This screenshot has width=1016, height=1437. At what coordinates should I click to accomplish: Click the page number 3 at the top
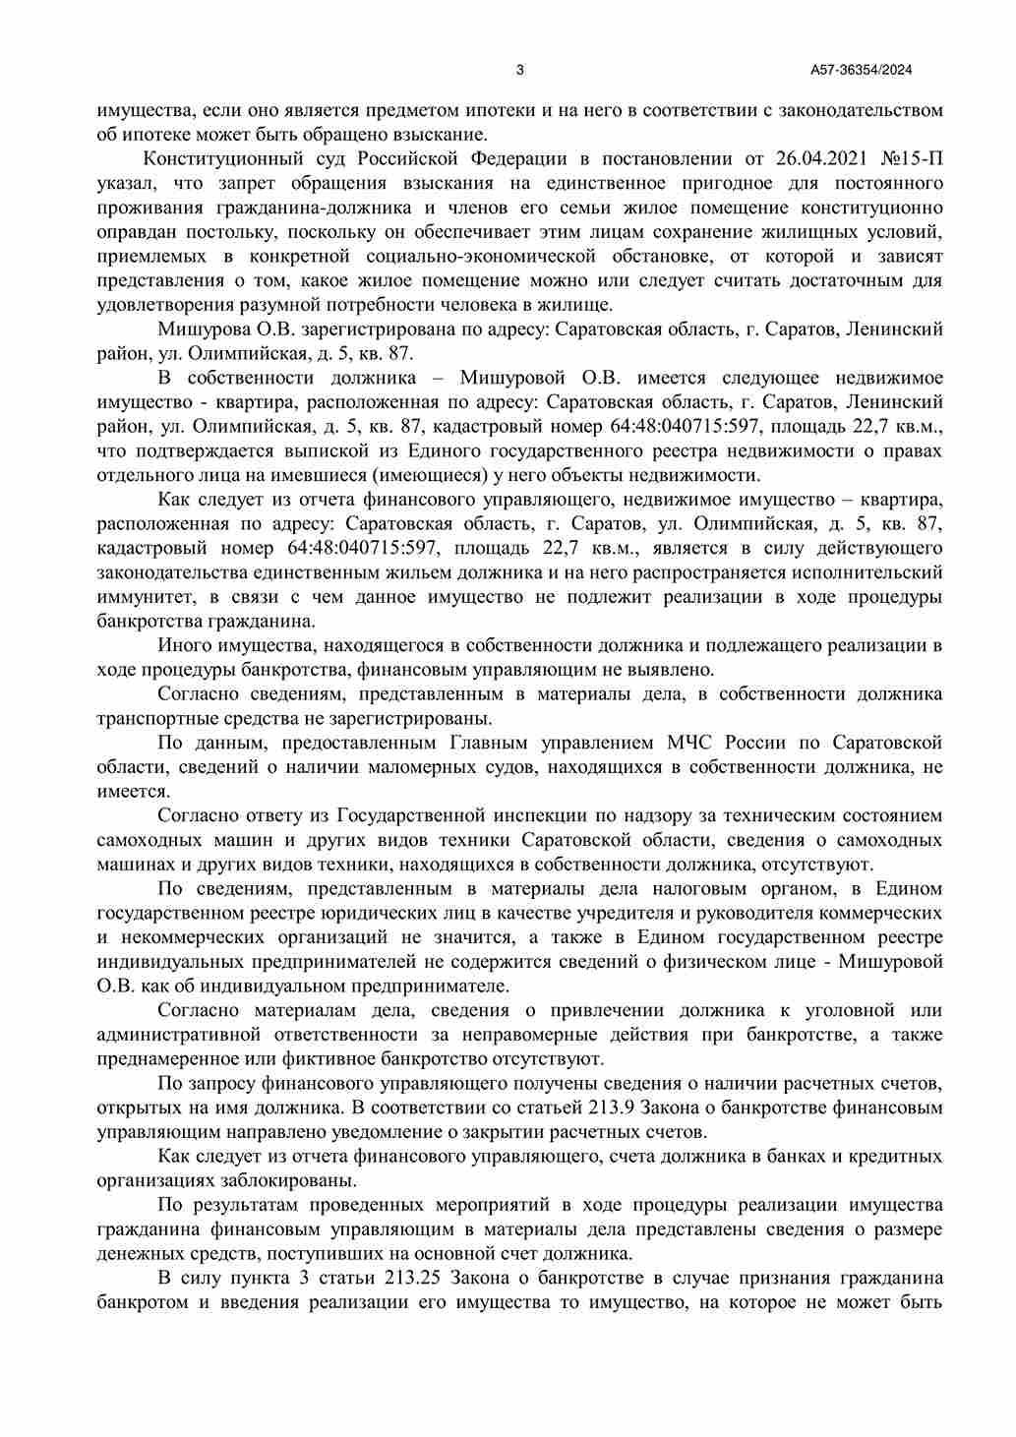pos(519,70)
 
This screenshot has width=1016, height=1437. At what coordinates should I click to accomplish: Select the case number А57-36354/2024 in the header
pos(862,70)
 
